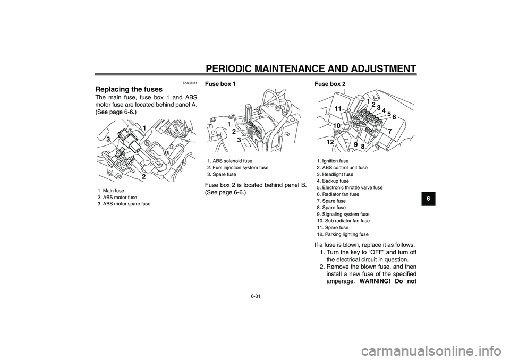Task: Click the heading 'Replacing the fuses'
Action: pos(129,89)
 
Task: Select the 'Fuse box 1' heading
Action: pos(219,84)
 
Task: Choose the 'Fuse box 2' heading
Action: pos(330,84)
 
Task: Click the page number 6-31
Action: pos(256,296)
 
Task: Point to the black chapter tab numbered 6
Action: pos(429,199)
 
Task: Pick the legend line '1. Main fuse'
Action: pos(110,191)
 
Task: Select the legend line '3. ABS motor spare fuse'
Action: pos(124,204)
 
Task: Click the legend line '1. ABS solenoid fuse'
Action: pos(229,161)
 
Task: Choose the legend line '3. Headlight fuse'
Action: pos(335,174)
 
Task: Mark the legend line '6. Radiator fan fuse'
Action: pos(338,194)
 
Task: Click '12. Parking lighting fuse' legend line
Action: pos(343,234)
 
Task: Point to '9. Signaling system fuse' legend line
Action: pos(343,215)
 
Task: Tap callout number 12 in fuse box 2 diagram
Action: pos(330,142)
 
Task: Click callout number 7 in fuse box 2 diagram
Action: pos(389,131)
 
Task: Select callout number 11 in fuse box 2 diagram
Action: pos(338,109)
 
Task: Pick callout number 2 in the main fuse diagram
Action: pos(144,177)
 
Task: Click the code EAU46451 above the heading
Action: pos(190,83)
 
